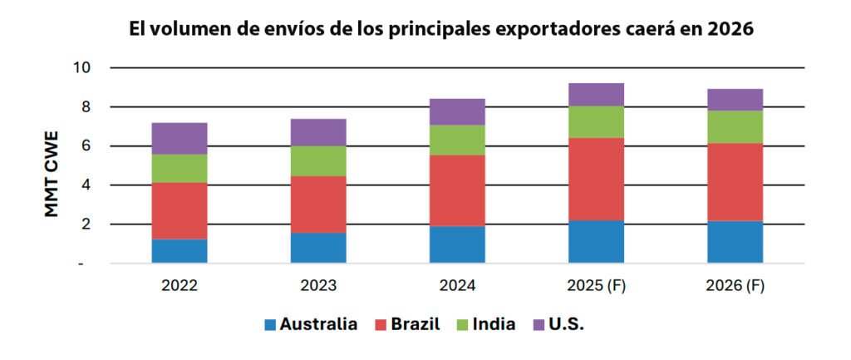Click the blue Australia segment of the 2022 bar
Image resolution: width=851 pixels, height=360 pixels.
[180, 251]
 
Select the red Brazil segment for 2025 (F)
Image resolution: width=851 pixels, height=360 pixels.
[597, 179]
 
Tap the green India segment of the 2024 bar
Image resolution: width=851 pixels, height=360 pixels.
[458, 140]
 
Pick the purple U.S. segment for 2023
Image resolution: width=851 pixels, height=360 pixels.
[318, 132]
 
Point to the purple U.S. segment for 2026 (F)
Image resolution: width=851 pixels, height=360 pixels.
[735, 100]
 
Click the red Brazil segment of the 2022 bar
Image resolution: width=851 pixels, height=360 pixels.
[180, 210]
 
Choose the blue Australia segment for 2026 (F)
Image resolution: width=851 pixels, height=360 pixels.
[735, 242]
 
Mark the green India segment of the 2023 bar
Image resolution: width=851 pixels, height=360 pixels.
[318, 160]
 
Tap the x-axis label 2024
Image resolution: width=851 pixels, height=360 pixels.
[458, 286]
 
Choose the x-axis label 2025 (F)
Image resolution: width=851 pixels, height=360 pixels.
[597, 286]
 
